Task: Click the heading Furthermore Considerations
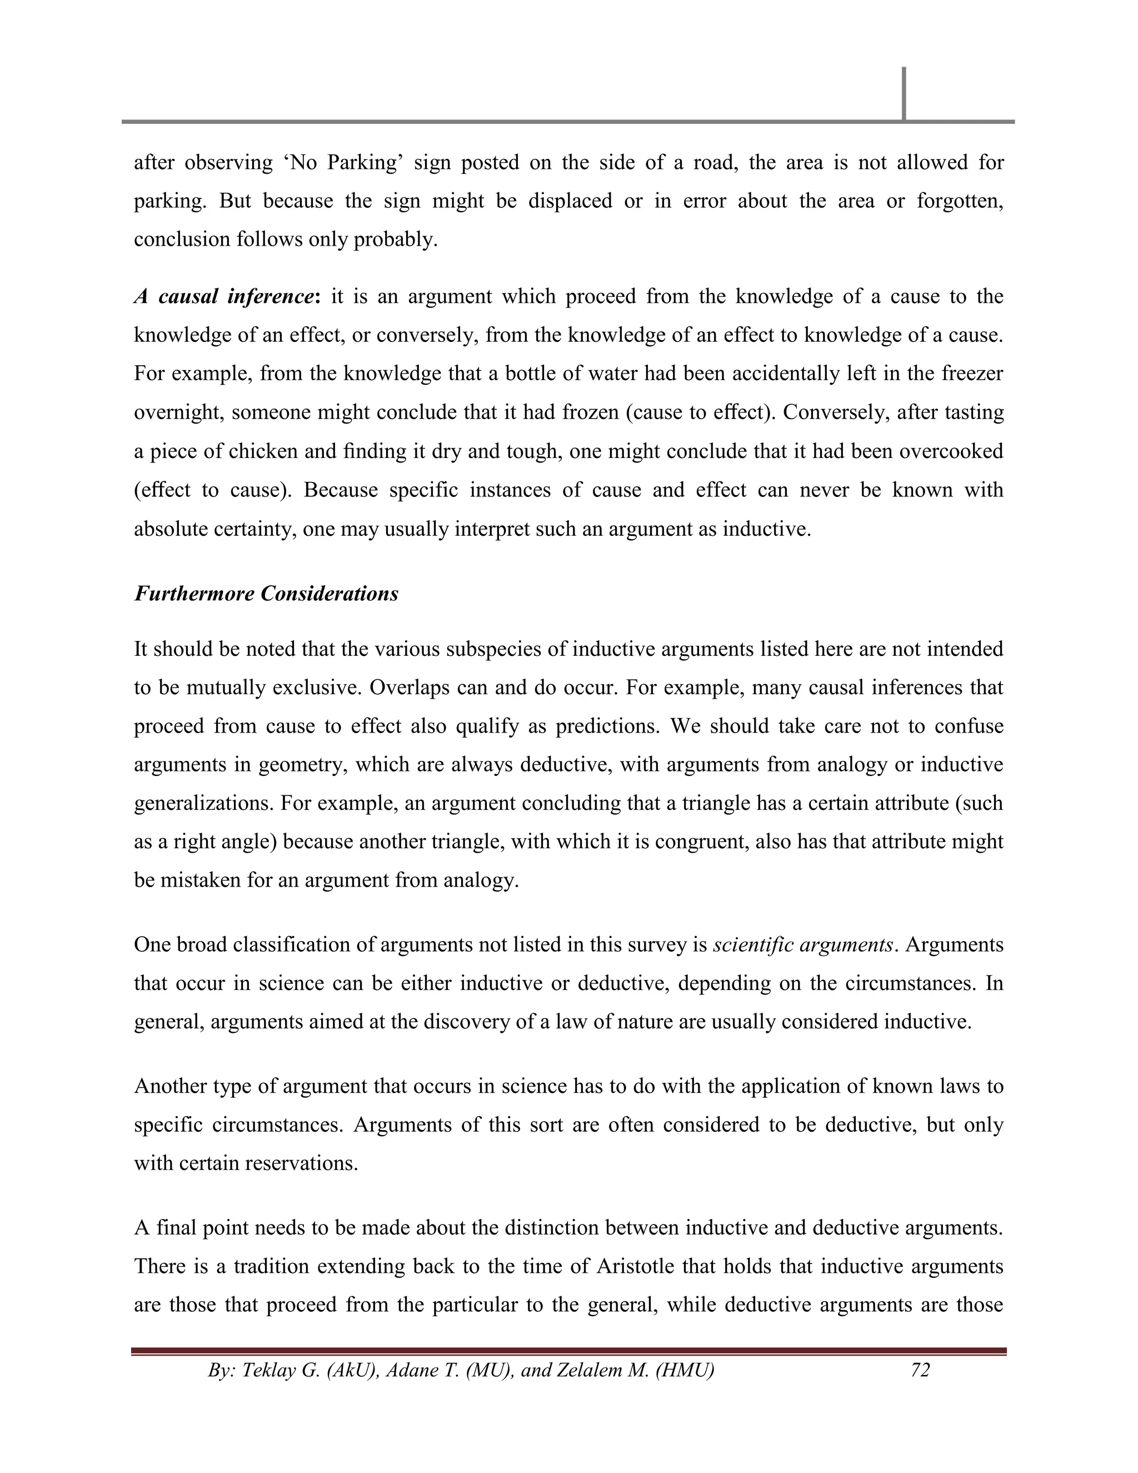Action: click(266, 594)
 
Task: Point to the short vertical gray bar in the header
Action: click(904, 93)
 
